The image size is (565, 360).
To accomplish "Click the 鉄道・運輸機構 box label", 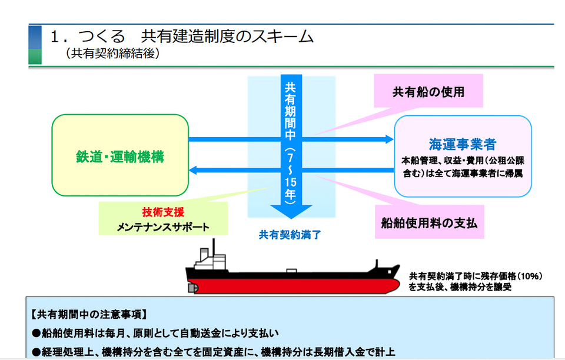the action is [120, 156].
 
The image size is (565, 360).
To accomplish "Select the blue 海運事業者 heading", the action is [463, 144].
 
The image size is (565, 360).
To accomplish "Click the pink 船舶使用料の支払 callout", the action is [429, 223].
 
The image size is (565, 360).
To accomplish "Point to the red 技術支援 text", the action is [163, 212].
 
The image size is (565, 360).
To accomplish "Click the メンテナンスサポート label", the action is [163, 227].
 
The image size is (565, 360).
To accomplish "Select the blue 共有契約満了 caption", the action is [290, 235].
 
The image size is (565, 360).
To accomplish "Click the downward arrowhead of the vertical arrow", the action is [291, 212].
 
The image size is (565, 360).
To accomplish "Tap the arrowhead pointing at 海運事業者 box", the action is [390, 139].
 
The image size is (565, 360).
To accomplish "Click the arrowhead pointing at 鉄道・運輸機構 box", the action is [193, 170].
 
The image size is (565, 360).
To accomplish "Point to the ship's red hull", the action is [294, 286].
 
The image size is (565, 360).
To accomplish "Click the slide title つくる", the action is [102, 36].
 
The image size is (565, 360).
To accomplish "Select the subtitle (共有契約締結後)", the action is [113, 54].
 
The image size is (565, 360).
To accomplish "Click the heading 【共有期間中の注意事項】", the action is [89, 315].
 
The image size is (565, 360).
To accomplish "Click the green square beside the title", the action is [35, 56].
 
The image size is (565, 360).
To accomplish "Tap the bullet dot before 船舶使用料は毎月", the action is [36, 333].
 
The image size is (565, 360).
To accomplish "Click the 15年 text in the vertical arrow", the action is [290, 188].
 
